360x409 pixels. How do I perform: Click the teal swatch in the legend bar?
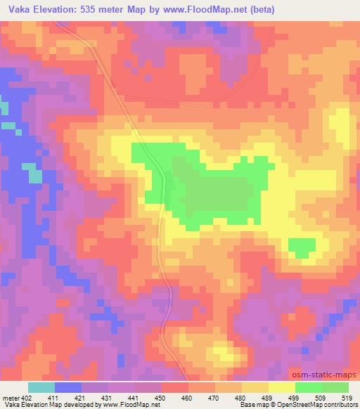[x=41, y=387]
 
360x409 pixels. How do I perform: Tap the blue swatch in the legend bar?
[x=68, y=387]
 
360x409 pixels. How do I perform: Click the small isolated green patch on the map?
[x=302, y=247]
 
